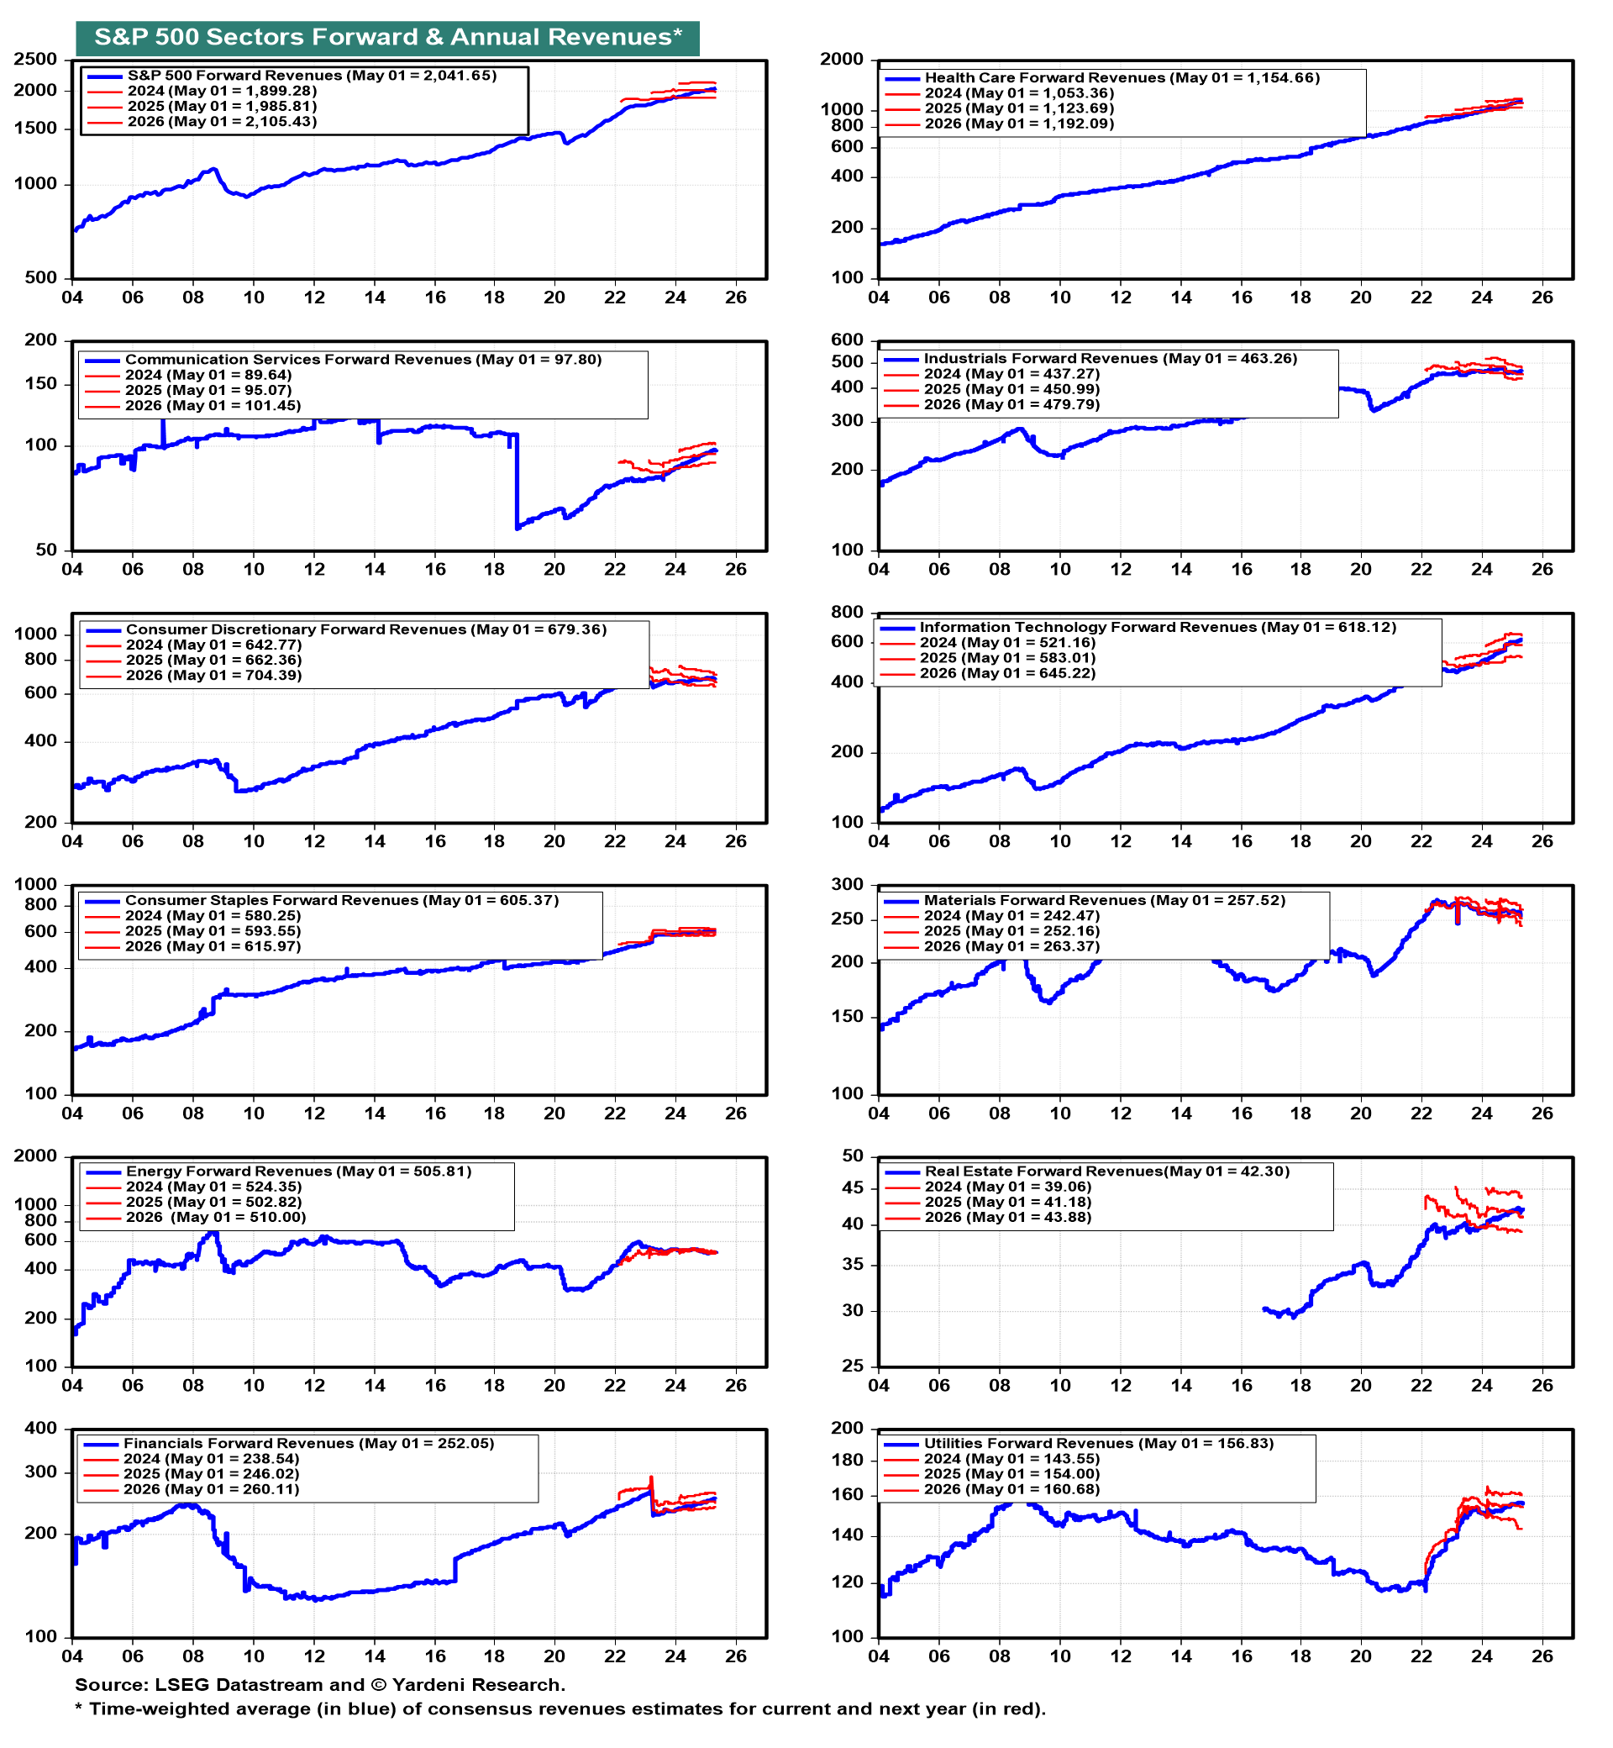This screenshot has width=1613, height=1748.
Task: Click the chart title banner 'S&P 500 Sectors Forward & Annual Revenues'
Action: [x=387, y=38]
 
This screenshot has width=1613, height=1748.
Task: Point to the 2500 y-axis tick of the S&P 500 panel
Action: [x=36, y=60]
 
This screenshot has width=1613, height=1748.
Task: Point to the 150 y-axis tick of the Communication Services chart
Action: [x=40, y=384]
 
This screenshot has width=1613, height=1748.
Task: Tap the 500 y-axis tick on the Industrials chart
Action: [x=847, y=362]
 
